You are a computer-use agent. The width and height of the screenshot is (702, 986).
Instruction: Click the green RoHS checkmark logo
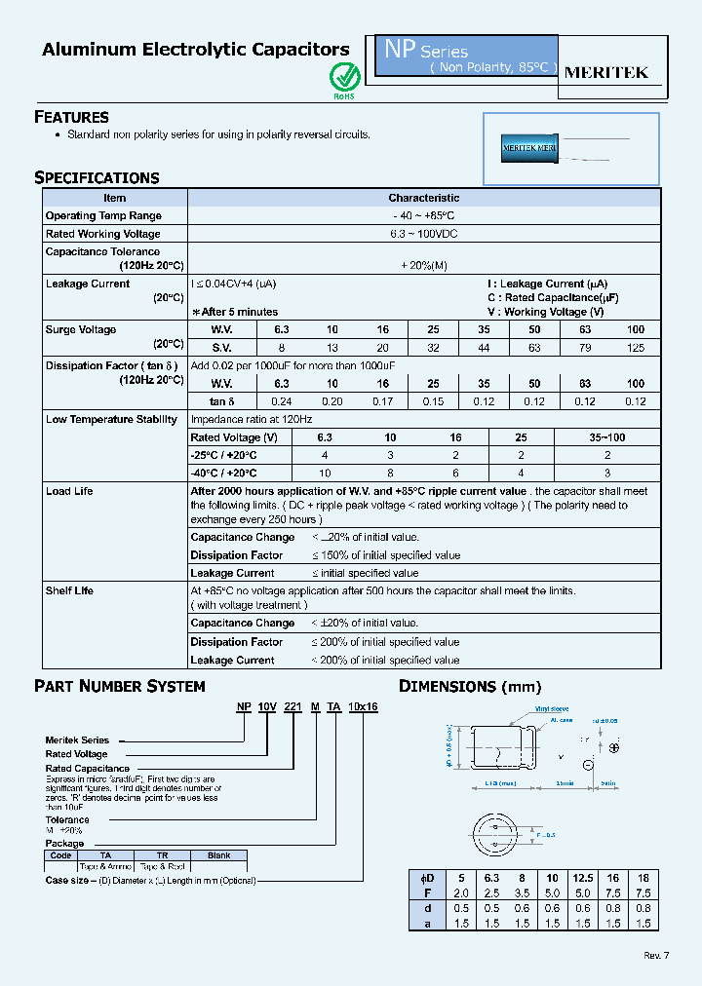[344, 76]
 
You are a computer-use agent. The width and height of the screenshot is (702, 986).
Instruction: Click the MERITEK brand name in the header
[606, 72]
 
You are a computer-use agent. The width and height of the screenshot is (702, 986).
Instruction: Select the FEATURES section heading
[71, 117]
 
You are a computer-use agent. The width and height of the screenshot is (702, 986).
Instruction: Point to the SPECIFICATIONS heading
[97, 177]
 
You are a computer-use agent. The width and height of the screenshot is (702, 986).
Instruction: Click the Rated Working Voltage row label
[102, 234]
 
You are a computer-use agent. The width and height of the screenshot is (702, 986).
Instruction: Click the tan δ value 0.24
[282, 401]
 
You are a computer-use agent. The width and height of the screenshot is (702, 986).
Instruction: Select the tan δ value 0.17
[383, 401]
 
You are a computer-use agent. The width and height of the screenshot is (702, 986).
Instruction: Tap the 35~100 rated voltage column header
[607, 437]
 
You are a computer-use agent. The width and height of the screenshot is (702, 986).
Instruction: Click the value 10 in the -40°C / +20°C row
[325, 473]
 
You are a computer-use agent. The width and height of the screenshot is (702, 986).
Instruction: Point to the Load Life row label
[69, 491]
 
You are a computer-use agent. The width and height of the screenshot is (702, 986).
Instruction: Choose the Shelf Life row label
[70, 590]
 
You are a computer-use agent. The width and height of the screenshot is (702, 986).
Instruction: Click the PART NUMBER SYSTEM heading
[119, 686]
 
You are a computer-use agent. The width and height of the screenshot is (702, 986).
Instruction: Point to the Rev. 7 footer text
[657, 955]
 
